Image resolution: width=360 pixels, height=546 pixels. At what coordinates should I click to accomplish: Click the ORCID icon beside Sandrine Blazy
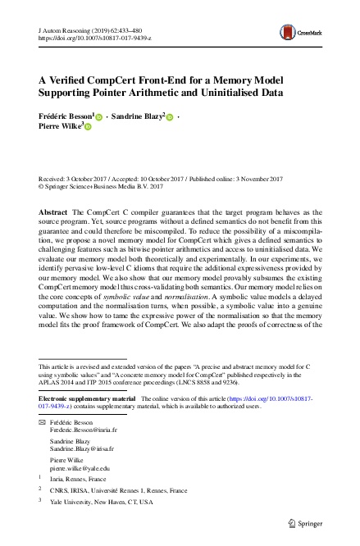(x=171, y=118)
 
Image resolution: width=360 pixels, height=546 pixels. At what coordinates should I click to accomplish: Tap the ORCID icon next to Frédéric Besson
(x=99, y=118)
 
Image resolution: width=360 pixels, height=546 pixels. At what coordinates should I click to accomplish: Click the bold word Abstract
(x=52, y=212)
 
